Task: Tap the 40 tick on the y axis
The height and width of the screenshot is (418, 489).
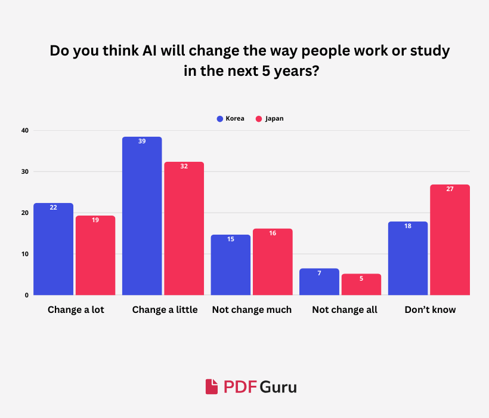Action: pyautogui.click(x=25, y=130)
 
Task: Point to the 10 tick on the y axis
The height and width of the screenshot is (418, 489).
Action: pyautogui.click(x=25, y=254)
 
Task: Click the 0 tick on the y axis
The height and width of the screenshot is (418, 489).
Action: pyautogui.click(x=27, y=295)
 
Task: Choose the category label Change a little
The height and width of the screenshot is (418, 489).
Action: pyautogui.click(x=165, y=310)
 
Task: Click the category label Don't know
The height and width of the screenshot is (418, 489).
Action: pyautogui.click(x=430, y=310)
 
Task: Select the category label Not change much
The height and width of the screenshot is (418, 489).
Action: pyautogui.click(x=252, y=310)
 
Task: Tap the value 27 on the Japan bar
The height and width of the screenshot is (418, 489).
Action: pyautogui.click(x=450, y=189)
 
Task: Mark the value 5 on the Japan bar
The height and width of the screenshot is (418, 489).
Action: pyautogui.click(x=361, y=278)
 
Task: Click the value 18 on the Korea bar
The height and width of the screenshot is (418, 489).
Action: pyautogui.click(x=408, y=226)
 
